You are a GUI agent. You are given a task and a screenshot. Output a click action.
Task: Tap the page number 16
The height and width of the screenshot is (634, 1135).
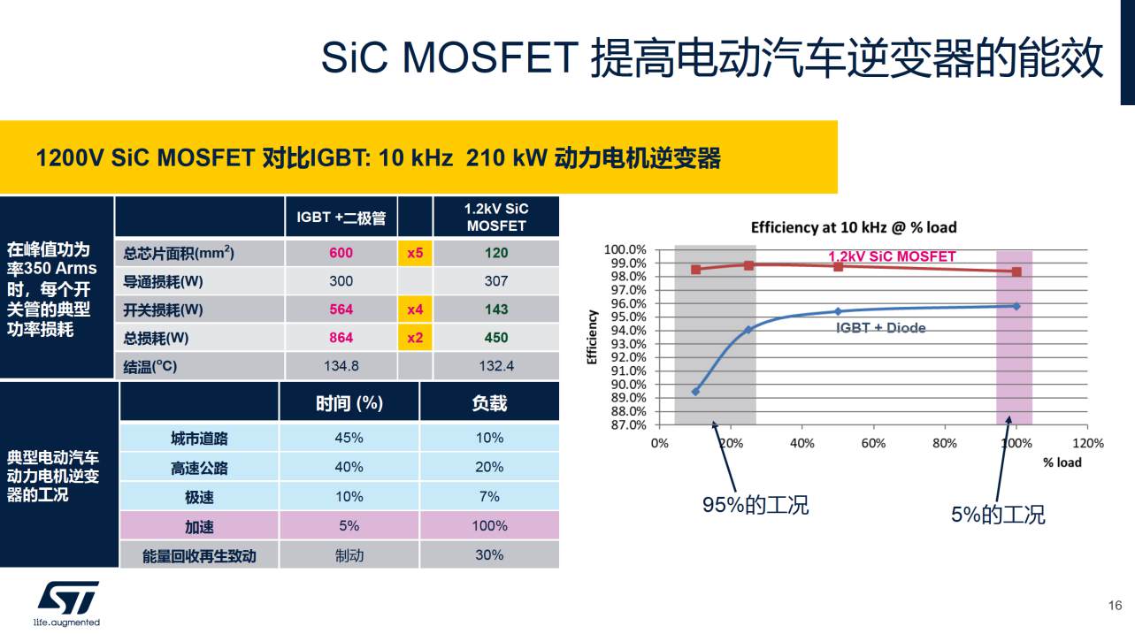1115,606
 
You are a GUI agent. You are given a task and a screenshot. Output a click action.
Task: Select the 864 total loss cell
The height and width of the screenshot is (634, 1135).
341,338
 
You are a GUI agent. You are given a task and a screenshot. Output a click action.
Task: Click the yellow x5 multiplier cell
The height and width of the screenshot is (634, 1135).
415,253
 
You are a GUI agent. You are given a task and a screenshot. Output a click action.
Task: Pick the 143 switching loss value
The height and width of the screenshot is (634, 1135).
496,309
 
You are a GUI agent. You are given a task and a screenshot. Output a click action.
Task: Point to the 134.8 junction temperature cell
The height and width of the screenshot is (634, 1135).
341,366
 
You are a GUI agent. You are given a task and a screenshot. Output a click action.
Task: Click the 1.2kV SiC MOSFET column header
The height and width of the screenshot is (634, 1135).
496,218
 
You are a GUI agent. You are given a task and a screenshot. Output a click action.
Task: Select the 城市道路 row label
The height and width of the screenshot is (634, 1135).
199,439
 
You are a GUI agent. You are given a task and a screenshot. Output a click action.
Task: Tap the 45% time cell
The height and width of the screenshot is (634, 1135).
349,438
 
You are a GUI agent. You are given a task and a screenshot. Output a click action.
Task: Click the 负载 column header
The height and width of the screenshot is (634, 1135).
489,403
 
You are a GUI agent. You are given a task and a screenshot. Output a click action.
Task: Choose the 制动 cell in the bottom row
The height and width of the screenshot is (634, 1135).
349,555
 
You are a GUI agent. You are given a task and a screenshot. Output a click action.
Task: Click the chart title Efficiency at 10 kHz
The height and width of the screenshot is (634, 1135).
854,227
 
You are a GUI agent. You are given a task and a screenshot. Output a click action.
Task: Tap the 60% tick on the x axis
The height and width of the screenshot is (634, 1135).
873,443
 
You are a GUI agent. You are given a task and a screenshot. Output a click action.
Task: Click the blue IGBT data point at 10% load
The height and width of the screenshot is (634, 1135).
695,391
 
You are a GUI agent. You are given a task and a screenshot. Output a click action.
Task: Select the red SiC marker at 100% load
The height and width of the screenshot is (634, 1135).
1016,271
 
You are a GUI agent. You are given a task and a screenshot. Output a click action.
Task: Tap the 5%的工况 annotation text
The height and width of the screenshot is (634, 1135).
998,515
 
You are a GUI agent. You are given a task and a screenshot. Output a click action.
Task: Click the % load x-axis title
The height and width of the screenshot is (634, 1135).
1062,462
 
